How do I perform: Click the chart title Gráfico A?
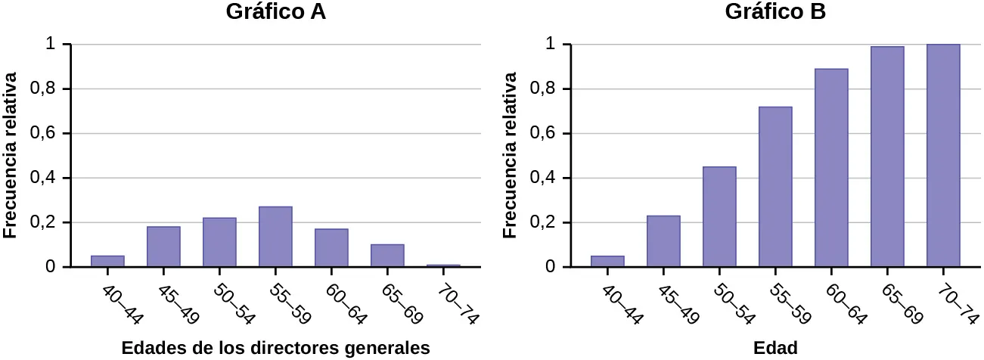click(x=276, y=13)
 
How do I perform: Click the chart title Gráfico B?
click(x=775, y=13)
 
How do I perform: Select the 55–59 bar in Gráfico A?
click(x=275, y=237)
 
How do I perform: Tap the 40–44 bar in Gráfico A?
click(x=107, y=261)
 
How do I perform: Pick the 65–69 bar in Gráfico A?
click(x=387, y=256)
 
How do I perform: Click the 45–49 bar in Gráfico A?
click(x=163, y=247)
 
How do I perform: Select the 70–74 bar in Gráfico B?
click(x=942, y=156)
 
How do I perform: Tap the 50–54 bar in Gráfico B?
click(x=719, y=217)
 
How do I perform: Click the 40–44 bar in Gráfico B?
click(x=607, y=261)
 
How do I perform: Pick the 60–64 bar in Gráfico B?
click(x=830, y=168)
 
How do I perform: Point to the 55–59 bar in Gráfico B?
click(x=774, y=187)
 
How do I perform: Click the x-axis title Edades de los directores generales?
click(x=275, y=348)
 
